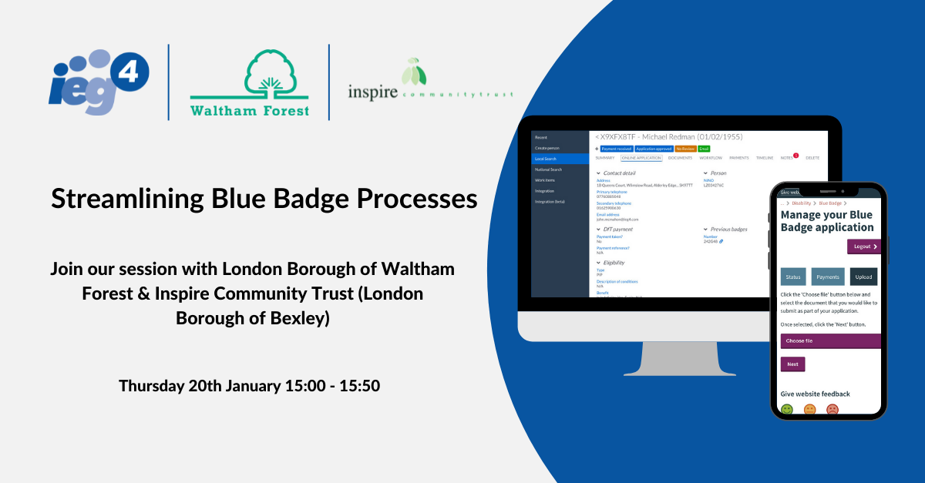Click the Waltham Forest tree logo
(250, 82)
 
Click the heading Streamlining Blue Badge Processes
(264, 199)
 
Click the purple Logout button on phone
(863, 247)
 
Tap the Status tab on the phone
(792, 277)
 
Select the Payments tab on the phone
(828, 277)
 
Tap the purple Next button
(792, 364)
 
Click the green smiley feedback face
(787, 410)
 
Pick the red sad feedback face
(832, 410)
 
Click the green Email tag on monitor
(704, 149)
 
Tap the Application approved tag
(654, 149)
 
